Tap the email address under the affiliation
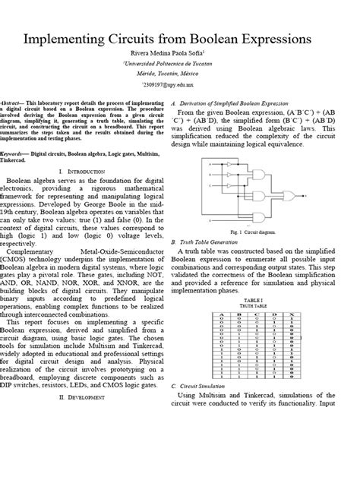180,86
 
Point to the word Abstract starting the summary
31,102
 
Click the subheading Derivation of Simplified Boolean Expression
239,103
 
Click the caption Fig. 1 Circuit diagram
261,229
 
